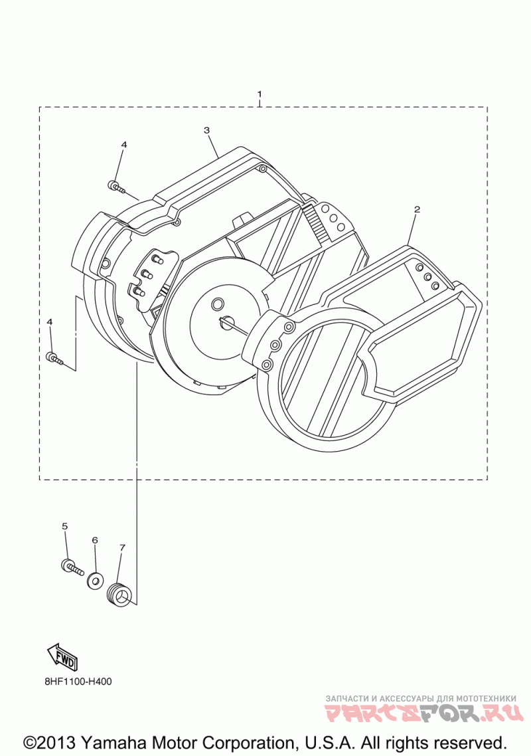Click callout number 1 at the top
pos(260,94)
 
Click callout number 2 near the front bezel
pos(417,209)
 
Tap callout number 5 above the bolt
pos(64,526)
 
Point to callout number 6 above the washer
pos(94,540)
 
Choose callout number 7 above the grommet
pos(122,547)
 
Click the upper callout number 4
pos(123,144)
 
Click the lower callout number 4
pos(49,322)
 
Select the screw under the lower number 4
pos(55,359)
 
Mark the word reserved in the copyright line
pos(471,741)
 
